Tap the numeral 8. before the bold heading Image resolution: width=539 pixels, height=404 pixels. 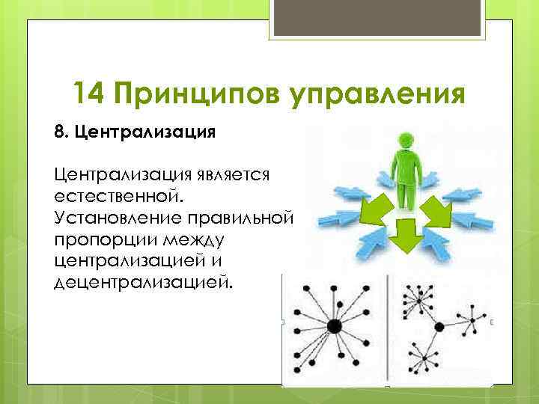[x=61, y=132]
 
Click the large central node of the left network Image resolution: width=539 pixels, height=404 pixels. [x=334, y=325]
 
